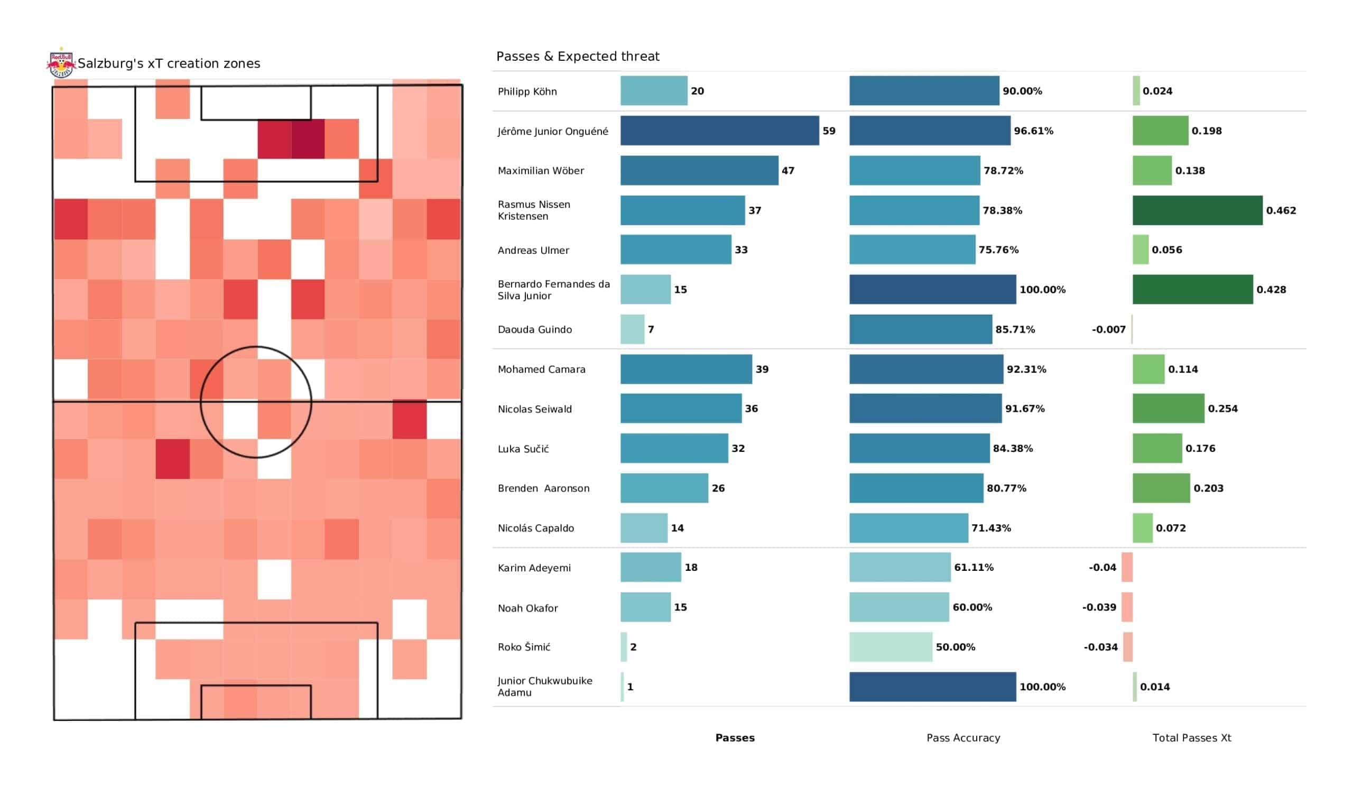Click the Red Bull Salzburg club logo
pos(61,63)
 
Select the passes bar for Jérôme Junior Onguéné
pos(719,131)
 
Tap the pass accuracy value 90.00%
pos(1022,91)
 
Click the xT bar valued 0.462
pos(1197,210)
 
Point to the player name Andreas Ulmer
pos(533,251)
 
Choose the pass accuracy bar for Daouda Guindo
pos(920,329)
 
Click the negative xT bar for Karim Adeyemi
pos(1127,567)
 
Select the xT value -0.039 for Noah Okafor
pos(1098,607)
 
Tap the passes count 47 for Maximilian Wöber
pos(787,171)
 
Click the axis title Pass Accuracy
pos(963,738)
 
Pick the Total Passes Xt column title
pos(1191,738)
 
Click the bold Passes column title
pos(735,738)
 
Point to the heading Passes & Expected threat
pos(578,57)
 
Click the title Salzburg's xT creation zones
pos(169,63)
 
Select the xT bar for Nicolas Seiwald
pos(1169,409)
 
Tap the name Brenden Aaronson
pos(543,488)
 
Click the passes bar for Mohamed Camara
pos(685,369)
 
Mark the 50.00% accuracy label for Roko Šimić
pos(955,648)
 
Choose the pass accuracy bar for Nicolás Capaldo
pos(909,528)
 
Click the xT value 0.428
pos(1271,290)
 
